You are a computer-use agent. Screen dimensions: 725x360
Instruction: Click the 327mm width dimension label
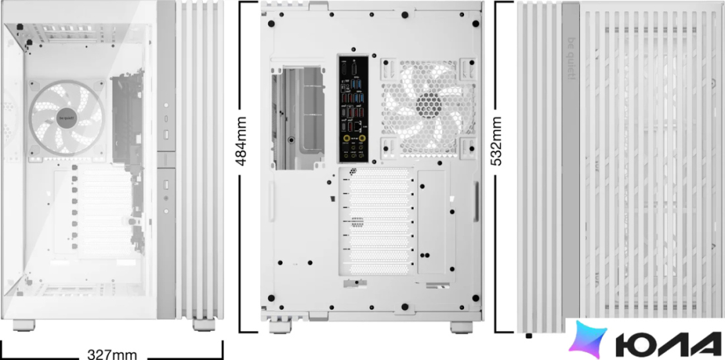[x=112, y=355]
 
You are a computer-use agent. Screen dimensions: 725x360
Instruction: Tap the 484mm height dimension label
[x=241, y=141]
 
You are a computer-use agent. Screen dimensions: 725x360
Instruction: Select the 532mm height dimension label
[x=496, y=141]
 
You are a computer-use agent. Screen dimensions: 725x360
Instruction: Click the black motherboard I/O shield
[x=354, y=109]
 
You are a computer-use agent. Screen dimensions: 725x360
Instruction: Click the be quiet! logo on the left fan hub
[x=66, y=118]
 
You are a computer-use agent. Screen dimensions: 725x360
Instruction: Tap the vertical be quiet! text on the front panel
[x=570, y=58]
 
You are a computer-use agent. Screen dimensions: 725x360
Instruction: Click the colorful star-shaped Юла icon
[x=588, y=339]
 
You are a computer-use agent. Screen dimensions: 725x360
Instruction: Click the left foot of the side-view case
[x=24, y=325]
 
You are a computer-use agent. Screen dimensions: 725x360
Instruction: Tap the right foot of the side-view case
[x=204, y=324]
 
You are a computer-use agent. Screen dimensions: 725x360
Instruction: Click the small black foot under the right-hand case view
[x=529, y=336]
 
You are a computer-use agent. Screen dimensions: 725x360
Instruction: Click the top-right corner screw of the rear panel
[x=476, y=24]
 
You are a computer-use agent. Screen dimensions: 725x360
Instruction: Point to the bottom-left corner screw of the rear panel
[x=271, y=298]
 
